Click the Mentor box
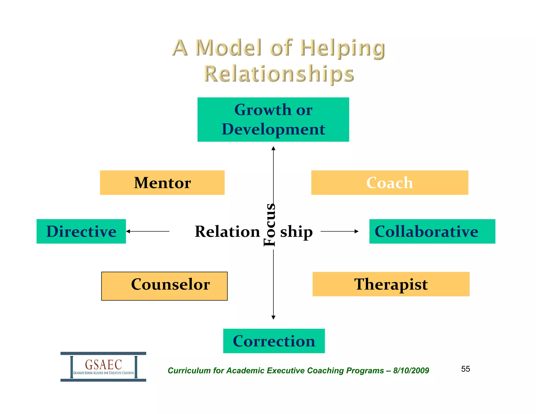[x=162, y=183]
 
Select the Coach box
[x=389, y=183]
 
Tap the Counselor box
[x=164, y=286]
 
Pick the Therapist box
[x=391, y=284]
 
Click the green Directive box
[x=81, y=231]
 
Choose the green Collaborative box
[x=432, y=231]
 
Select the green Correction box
[x=274, y=341]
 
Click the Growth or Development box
[x=273, y=120]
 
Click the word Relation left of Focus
[x=227, y=232]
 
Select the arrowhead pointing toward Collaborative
[x=356, y=231]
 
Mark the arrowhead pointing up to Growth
[x=273, y=148]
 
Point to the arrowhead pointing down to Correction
[x=273, y=317]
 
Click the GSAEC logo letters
[x=103, y=365]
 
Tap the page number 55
[x=465, y=369]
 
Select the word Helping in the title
[x=343, y=48]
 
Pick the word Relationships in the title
[x=279, y=74]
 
